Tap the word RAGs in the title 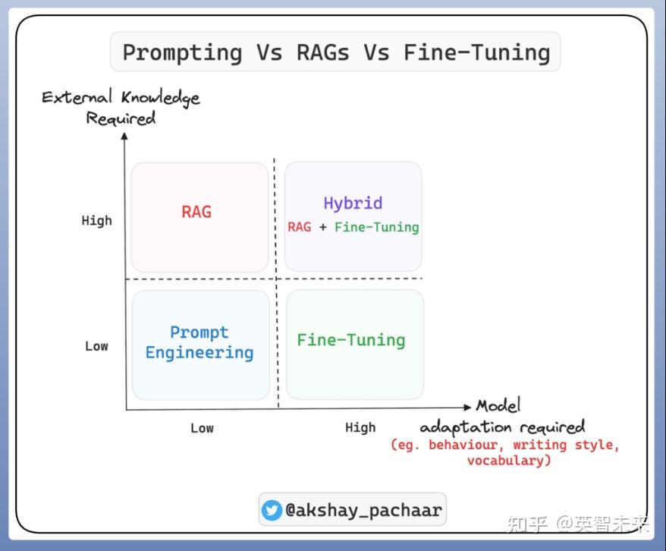[323, 52]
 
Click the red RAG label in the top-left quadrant [196, 212]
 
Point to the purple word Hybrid [353, 203]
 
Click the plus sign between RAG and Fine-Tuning [323, 227]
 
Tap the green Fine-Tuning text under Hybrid [377, 227]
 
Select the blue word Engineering [199, 353]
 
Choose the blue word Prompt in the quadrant [199, 332]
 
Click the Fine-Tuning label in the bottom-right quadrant [351, 340]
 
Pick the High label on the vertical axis [97, 221]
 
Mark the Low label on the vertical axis [96, 346]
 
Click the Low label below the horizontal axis [203, 428]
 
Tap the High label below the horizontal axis [360, 427]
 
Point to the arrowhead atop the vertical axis [124, 136]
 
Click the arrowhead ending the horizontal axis [467, 407]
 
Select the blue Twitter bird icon [272, 510]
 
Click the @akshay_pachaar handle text [363, 510]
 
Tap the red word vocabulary [509, 461]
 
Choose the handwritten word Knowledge [161, 98]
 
